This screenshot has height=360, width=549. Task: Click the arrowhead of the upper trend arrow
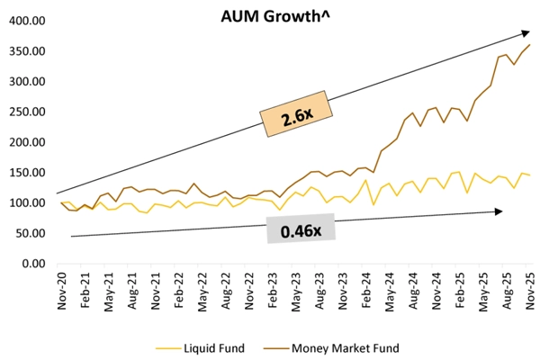point(526,32)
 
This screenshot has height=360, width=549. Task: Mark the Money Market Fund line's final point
point(529,44)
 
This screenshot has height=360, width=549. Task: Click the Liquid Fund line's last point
point(529,175)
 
